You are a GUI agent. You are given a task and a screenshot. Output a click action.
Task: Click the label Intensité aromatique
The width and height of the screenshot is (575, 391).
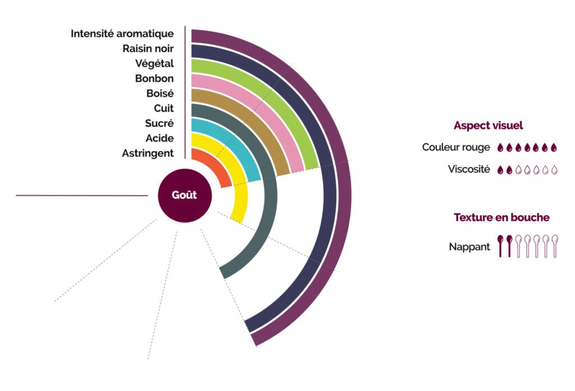click(122, 34)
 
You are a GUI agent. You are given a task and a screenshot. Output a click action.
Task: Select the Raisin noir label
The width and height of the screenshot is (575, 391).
click(148, 49)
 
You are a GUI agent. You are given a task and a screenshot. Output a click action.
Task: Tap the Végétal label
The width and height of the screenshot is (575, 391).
click(154, 63)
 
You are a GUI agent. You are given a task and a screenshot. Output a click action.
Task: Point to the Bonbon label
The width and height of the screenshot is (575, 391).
click(154, 79)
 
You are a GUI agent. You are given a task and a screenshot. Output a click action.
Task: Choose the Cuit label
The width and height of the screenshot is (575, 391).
click(163, 108)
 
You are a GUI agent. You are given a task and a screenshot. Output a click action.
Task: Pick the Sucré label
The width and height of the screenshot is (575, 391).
click(159, 123)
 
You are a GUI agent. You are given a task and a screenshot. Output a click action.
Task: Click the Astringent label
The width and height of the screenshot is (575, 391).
click(148, 153)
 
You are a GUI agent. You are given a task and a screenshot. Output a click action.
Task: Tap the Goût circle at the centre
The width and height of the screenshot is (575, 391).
click(184, 196)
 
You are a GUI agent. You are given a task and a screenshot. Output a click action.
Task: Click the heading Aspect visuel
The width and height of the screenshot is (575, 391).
click(488, 126)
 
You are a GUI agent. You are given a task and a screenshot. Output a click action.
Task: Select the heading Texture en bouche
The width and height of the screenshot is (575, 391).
click(501, 217)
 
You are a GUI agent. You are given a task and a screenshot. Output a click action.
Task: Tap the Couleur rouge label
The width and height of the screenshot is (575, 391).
click(456, 148)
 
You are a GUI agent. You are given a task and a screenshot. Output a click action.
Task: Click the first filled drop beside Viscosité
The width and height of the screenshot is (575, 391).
click(500, 169)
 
